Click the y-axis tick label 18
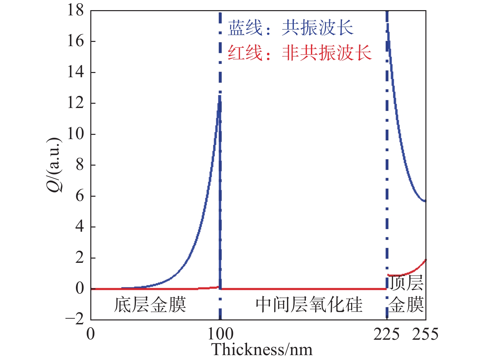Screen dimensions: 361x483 76,10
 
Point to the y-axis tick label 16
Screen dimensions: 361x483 76,41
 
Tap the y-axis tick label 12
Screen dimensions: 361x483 76,103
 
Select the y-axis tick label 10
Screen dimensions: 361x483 76,134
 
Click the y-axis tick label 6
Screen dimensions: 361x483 80,196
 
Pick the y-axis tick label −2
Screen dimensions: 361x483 75,319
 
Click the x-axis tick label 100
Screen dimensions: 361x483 220,334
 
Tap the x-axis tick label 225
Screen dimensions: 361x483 386,334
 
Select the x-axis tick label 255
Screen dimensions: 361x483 425,334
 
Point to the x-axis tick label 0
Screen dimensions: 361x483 91,334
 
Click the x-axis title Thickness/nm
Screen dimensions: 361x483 262,350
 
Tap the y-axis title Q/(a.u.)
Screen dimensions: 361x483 54,165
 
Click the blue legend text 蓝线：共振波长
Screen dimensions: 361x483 291,28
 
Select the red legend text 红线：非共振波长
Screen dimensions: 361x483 299,52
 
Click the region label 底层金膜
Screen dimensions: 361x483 150,304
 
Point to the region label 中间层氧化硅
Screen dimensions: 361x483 309,304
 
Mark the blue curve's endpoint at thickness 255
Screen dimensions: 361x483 425,201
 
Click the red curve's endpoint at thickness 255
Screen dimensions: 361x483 425,260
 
